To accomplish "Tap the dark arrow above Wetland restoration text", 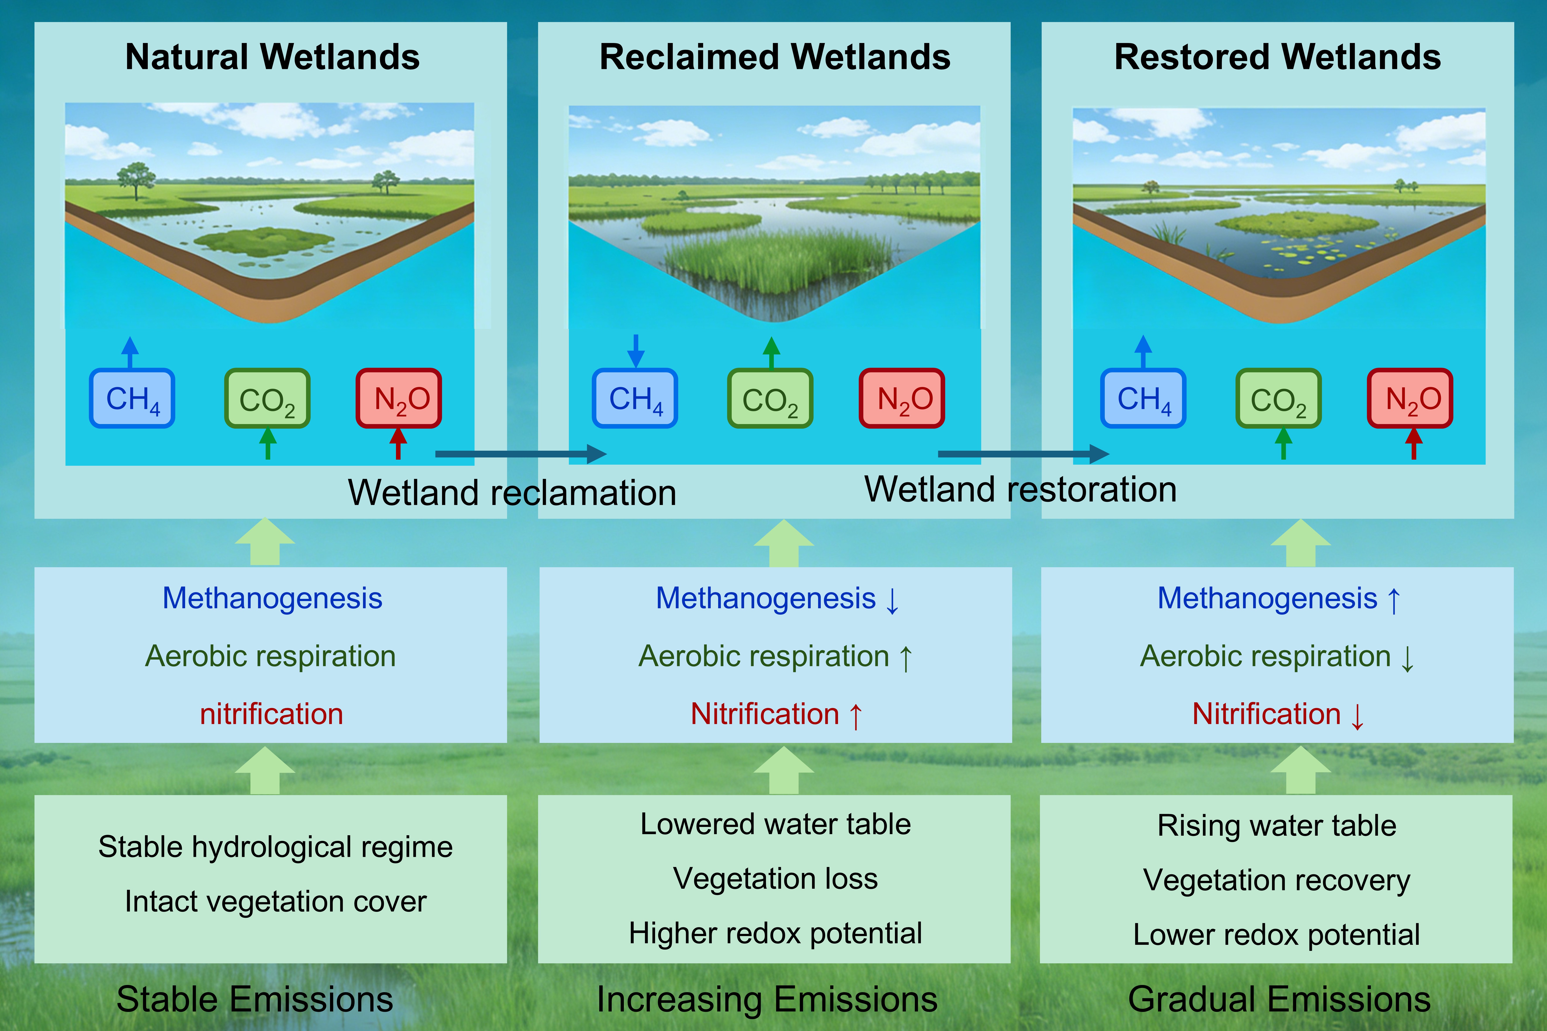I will (x=1023, y=454).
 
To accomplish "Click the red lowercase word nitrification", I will (x=272, y=714).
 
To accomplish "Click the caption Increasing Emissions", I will (x=767, y=999).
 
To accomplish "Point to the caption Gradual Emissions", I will (x=1279, y=999).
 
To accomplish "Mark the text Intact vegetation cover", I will (x=275, y=901).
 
